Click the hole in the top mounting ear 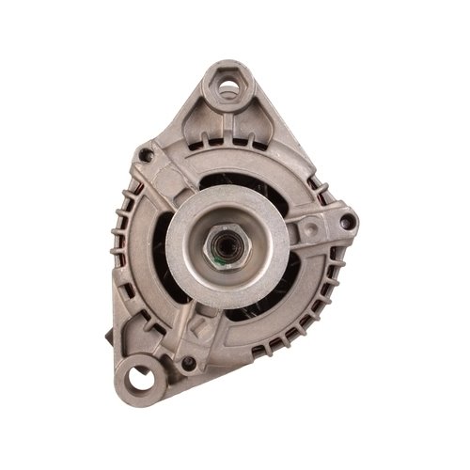pyautogui.click(x=227, y=87)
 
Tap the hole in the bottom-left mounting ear pyautogui.click(x=141, y=379)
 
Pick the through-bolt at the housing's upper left pyautogui.click(x=145, y=153)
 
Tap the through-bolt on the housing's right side pyautogui.click(x=348, y=222)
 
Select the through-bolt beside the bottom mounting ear pyautogui.click(x=189, y=363)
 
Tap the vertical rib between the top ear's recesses pyautogui.click(x=227, y=127)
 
